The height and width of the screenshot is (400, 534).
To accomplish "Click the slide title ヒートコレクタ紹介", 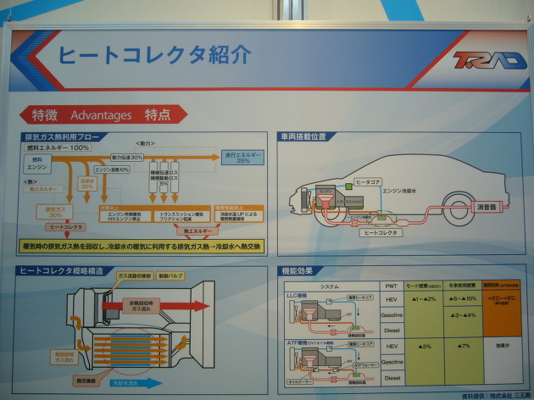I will point(154,53).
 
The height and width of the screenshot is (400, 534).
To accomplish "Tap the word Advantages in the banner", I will point(102,114).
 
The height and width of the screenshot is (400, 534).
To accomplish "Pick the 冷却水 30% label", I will point(87,183).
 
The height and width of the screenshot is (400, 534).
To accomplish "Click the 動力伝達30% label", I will point(125,157).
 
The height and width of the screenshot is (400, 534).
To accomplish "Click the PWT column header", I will point(391,286).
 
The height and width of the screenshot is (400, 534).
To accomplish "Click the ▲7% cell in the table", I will point(464,347).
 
